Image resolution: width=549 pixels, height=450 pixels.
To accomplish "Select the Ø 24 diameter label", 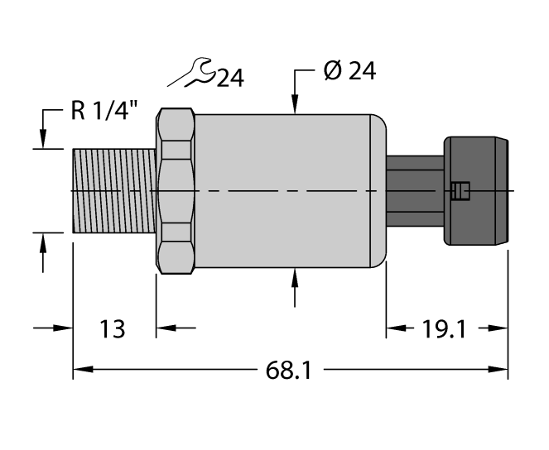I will click(348, 72).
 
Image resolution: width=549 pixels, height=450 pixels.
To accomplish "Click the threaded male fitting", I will click(114, 191).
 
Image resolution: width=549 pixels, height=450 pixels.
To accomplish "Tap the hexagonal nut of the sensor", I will click(176, 191).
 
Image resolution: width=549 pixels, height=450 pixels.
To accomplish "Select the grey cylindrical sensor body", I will click(282, 191).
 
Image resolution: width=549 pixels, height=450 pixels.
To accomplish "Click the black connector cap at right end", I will click(477, 191).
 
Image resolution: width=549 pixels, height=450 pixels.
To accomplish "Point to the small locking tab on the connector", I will click(460, 193).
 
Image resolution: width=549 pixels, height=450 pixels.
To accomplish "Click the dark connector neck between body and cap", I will click(414, 191).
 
